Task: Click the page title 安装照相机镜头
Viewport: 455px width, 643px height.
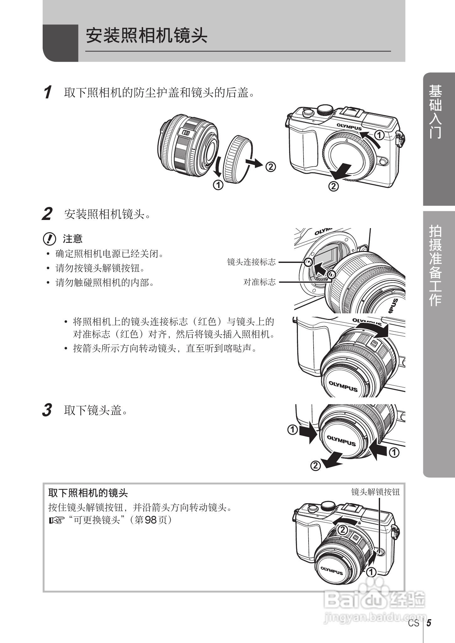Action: pos(146,36)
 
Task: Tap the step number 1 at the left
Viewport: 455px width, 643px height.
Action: pos(47,93)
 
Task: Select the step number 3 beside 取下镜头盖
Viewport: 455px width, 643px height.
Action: pos(47,410)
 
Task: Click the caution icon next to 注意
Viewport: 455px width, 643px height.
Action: pos(49,239)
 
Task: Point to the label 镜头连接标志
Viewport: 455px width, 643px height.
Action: pos(251,262)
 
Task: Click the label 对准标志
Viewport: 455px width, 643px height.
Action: pos(260,282)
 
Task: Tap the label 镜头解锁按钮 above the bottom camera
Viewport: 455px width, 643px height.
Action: pos(376,492)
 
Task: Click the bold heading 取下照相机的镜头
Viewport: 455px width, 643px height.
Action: pos(88,493)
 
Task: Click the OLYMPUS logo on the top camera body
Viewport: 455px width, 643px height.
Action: pos(349,127)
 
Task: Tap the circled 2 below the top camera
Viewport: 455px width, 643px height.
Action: pos(333,187)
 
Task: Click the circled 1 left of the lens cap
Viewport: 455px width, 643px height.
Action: pos(293,430)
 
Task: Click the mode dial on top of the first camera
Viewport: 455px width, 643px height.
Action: pos(325,110)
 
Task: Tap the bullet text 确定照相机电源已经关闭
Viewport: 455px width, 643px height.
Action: pos(109,254)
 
